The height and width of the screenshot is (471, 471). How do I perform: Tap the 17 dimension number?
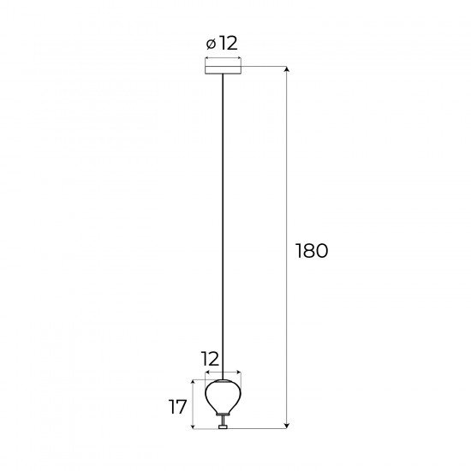click(x=178, y=407)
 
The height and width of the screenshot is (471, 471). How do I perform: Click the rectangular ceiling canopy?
click(x=223, y=67)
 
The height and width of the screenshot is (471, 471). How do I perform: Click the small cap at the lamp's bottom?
click(x=223, y=426)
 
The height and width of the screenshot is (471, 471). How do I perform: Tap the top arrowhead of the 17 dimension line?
click(x=195, y=381)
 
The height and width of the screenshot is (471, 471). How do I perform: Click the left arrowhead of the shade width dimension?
click(x=206, y=373)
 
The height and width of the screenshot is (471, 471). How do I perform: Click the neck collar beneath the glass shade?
click(x=223, y=417)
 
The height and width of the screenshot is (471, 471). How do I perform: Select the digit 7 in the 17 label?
click(x=182, y=407)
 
